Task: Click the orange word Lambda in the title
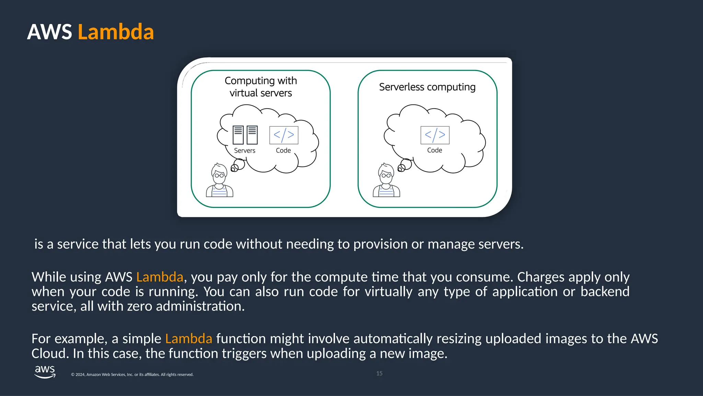tap(116, 32)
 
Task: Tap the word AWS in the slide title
tap(49, 32)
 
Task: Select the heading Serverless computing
tap(427, 87)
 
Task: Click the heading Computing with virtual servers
tap(261, 87)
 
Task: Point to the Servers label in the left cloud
tap(244, 151)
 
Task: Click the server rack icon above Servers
tap(245, 135)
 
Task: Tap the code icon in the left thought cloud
tap(284, 135)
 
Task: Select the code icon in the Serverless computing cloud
tap(435, 135)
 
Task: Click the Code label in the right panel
tap(434, 150)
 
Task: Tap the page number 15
tap(379, 373)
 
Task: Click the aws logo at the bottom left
tap(45, 372)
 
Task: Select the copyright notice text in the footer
tap(132, 375)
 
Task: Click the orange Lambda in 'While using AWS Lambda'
tap(160, 277)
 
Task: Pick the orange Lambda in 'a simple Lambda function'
tap(188, 339)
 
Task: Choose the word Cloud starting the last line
tap(50, 354)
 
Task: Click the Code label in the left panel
tap(283, 151)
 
